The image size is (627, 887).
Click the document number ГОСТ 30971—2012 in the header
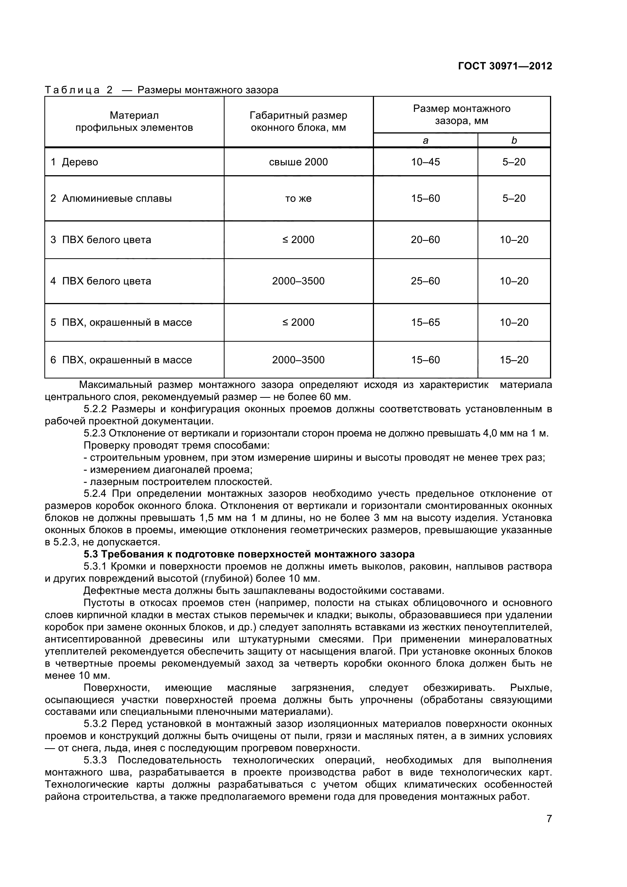pos(504,66)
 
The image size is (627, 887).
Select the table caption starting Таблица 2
pos(162,90)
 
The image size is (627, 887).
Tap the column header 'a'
pos(425,141)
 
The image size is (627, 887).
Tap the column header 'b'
pos(514,141)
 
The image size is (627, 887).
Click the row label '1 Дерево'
pos(74,162)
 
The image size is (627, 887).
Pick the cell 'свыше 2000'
pos(298,162)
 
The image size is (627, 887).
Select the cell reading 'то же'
pos(298,199)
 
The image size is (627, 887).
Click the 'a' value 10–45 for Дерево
pos(425,162)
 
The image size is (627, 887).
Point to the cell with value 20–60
pos(425,240)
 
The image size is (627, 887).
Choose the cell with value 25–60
pos(425,281)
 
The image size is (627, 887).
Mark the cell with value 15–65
pos(425,323)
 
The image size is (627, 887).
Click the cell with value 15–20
pos(514,360)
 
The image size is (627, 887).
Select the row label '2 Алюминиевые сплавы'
pos(111,199)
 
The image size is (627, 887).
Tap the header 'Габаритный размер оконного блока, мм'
pos(298,121)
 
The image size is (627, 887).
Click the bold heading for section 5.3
pos(249,554)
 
